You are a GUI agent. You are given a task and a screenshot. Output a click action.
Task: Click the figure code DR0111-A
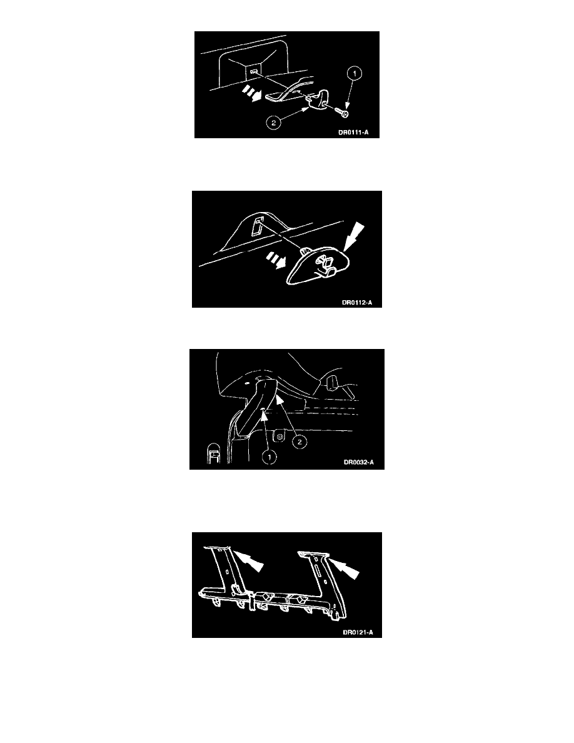[353, 132]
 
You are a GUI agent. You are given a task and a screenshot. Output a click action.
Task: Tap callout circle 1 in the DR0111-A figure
[355, 73]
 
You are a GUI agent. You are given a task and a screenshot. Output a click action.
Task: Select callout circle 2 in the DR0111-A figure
[273, 123]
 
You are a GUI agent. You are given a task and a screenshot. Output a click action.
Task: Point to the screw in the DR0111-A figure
[341, 113]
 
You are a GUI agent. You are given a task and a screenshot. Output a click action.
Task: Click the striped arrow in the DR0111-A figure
[251, 93]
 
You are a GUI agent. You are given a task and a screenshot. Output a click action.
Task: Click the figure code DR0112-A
[357, 302]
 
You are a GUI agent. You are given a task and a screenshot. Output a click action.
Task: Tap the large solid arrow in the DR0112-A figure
[353, 237]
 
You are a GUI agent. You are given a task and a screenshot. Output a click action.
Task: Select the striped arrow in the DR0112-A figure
[276, 260]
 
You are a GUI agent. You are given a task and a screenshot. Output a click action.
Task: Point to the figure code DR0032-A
[358, 462]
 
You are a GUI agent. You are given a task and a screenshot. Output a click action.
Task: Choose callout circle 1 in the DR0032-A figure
[269, 457]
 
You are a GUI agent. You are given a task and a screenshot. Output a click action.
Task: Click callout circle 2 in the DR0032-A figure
[299, 442]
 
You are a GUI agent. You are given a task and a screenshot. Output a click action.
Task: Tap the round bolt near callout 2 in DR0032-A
[280, 435]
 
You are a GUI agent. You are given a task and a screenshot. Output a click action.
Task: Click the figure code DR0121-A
[358, 632]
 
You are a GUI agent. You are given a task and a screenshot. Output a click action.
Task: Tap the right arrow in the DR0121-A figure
[344, 567]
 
